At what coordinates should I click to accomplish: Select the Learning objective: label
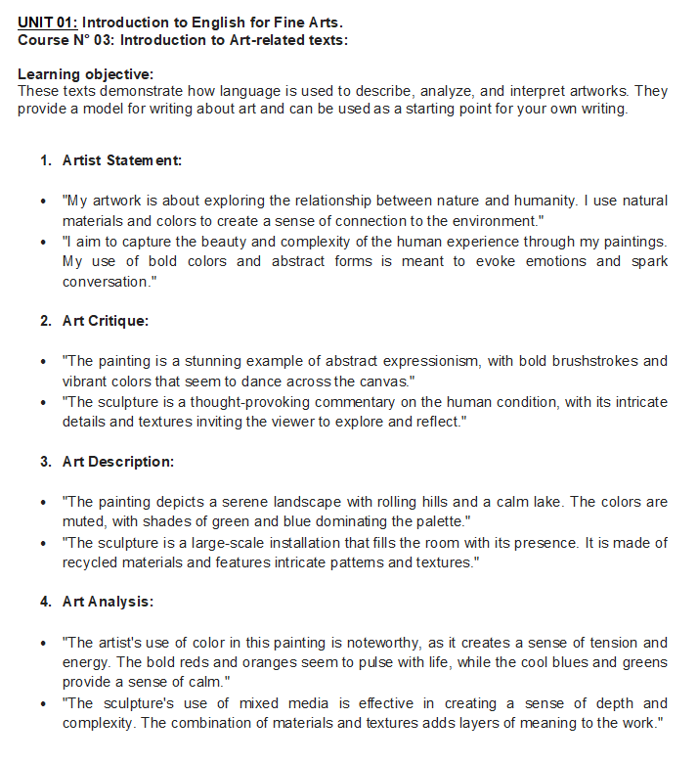point(86,74)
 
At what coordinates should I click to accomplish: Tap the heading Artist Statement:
point(122,159)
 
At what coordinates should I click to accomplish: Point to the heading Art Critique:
point(106,320)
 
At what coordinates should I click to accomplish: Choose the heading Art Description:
point(118,461)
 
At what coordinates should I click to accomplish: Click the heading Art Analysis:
point(108,602)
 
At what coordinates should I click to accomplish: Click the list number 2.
point(45,320)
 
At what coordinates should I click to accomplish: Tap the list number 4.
point(45,602)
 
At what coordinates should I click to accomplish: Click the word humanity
point(543,201)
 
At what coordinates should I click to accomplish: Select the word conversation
point(107,281)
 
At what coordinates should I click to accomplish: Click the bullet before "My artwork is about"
point(44,201)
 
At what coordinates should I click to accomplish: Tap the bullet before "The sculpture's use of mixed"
point(44,703)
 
